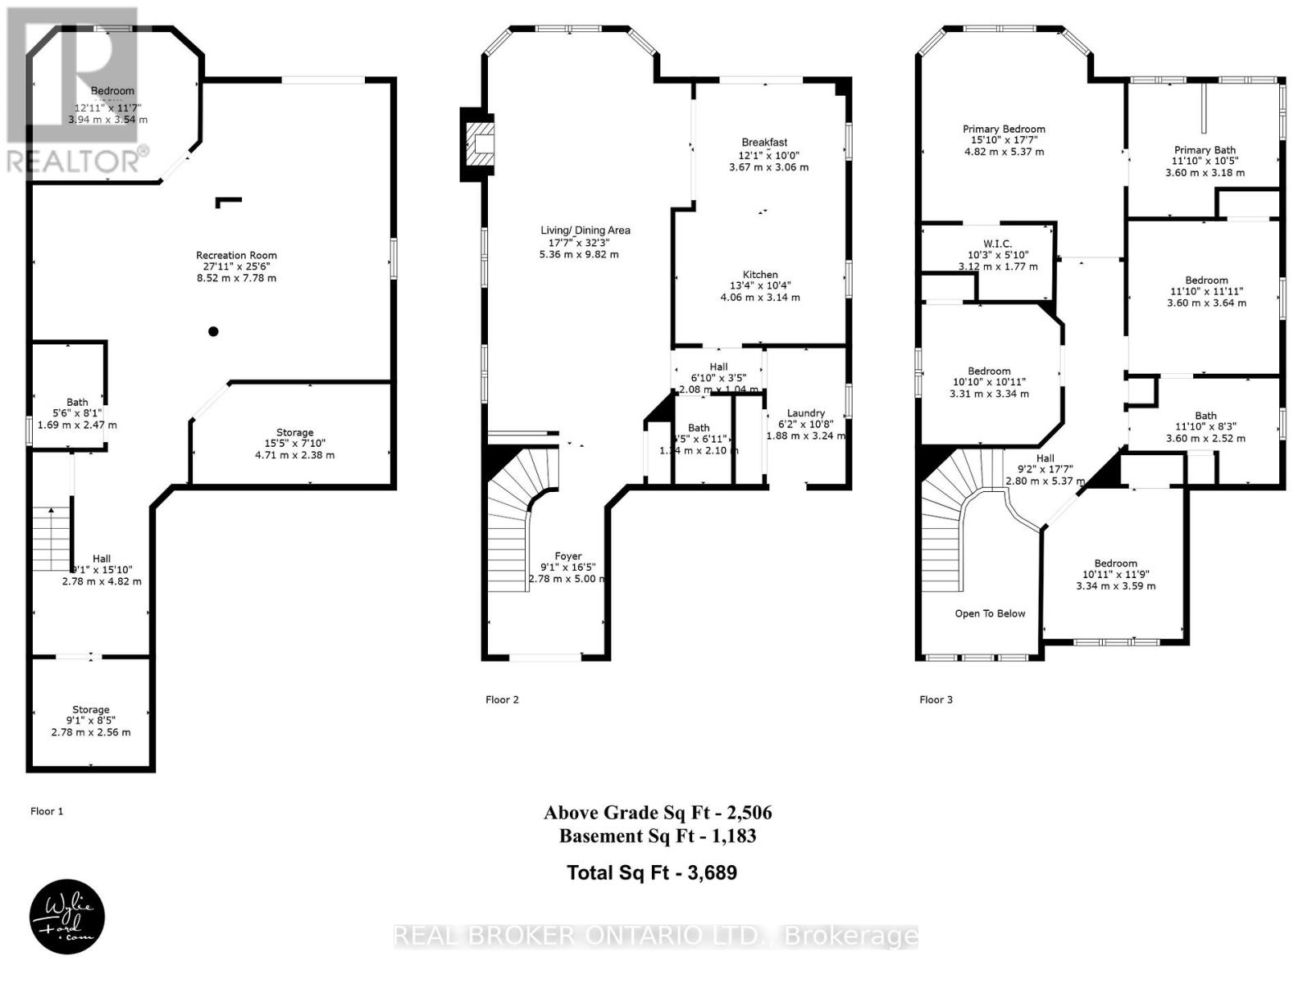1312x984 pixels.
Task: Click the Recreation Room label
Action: pos(236,255)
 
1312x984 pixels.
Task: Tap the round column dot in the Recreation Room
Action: pos(213,331)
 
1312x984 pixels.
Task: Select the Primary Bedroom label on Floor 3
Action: pos(1004,129)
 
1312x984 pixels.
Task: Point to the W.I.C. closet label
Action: pos(997,244)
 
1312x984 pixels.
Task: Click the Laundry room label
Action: pos(805,413)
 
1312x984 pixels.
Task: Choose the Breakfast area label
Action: pos(764,143)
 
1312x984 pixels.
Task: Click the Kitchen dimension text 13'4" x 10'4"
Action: pos(760,285)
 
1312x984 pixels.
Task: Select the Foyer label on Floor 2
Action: pos(567,556)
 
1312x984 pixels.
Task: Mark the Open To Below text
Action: pos(990,613)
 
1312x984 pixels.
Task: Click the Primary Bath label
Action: pos(1205,150)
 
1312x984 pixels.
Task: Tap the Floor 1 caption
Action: pos(47,811)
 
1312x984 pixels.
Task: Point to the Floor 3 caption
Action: pos(936,699)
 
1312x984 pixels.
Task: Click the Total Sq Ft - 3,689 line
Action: pos(652,872)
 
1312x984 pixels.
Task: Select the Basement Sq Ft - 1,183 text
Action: pos(658,836)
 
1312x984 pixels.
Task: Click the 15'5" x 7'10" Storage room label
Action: pos(294,432)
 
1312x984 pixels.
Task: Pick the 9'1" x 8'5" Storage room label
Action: pos(90,709)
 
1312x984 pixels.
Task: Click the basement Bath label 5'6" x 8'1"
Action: pos(77,402)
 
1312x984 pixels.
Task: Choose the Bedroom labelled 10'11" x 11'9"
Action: pos(1115,563)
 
